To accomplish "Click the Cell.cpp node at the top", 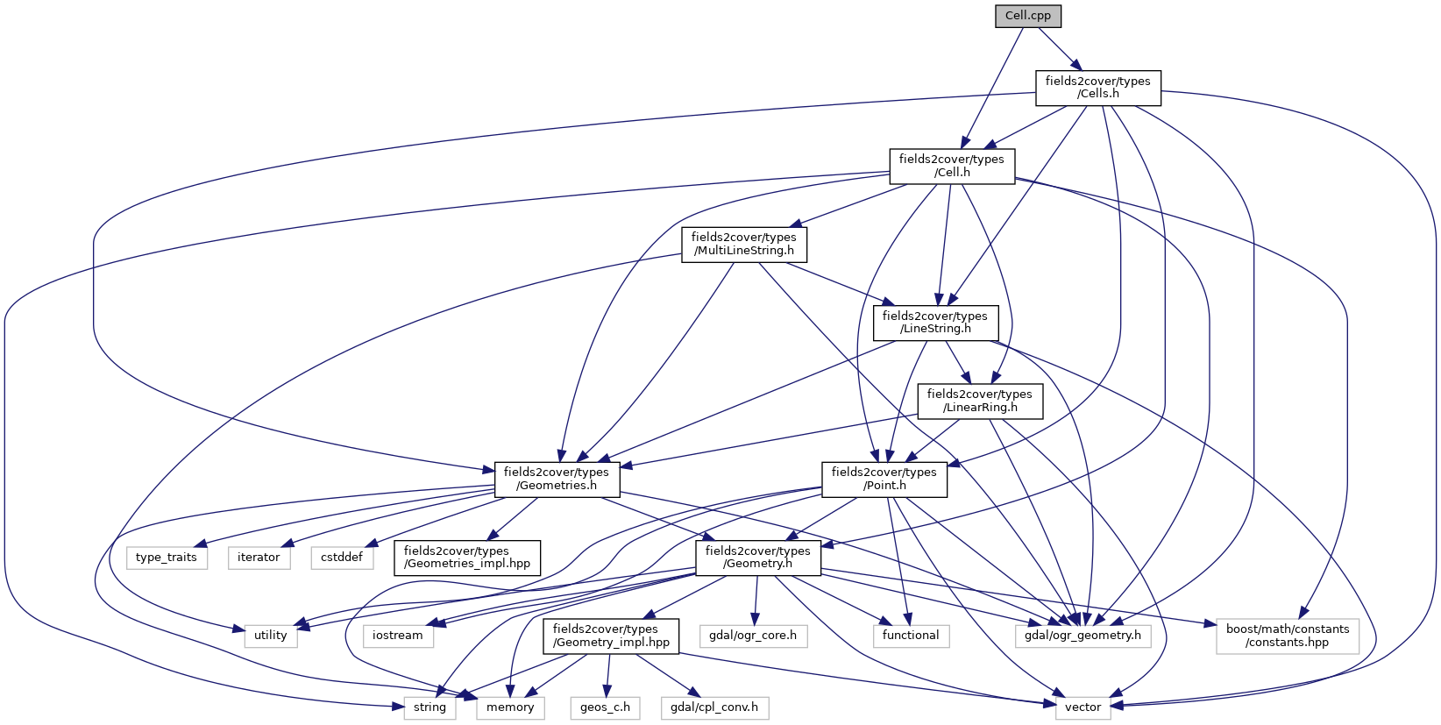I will point(1028,17).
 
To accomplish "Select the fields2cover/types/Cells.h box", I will point(1097,88).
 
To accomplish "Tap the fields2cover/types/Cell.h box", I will point(952,166).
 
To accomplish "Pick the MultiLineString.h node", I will point(743,244).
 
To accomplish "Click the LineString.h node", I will point(935,323).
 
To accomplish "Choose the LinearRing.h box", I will point(979,401).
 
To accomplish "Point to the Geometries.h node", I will point(556,479).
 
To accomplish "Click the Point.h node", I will point(884,479).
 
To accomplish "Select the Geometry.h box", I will point(757,557).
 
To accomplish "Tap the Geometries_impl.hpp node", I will point(467,557).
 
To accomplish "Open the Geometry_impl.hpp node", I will point(611,636).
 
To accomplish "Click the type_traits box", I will point(167,558).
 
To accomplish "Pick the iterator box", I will point(259,558).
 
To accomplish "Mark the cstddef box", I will point(342,558).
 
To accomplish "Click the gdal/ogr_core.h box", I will point(753,636).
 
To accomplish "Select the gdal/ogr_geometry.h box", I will point(1083,636).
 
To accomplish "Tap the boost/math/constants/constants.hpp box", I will point(1287,636).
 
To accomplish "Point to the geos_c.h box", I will point(605,707).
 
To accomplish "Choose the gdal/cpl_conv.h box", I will point(714,707).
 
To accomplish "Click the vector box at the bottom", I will point(1083,707).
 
